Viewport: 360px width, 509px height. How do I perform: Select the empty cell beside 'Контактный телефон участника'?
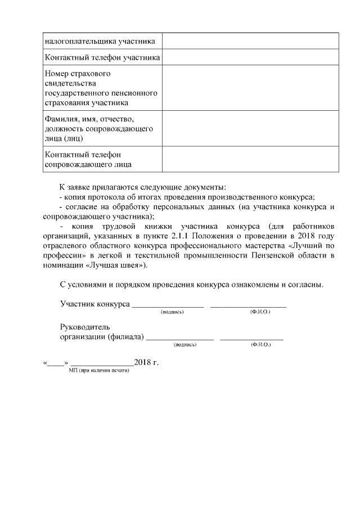coord(250,58)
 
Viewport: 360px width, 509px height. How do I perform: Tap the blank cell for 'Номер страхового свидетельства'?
coord(250,88)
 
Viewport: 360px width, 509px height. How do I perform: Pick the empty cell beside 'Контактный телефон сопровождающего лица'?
coord(250,159)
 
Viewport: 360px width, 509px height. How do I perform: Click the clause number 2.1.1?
coord(181,236)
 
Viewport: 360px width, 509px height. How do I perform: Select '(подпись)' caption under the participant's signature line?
coord(172,312)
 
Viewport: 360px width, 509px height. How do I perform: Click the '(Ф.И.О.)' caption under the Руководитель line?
coord(260,344)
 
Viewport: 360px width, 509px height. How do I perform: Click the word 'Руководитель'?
coord(85,327)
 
